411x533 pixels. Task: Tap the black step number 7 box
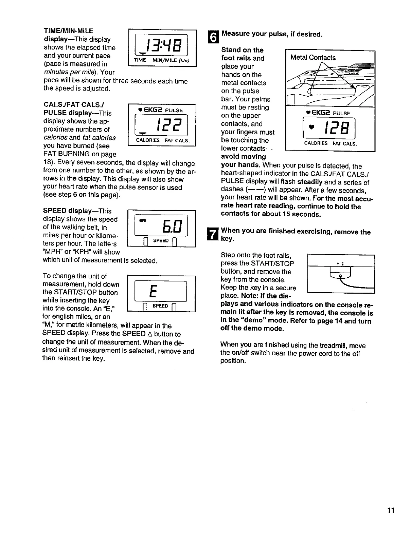212,234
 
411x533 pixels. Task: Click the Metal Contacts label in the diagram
313,58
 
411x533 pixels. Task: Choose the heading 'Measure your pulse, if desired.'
271,34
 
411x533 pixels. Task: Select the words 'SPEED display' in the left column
65,211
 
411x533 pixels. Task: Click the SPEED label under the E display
161,306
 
